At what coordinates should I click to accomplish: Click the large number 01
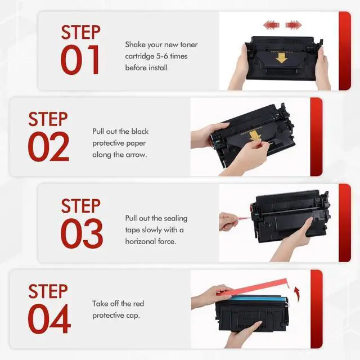click(x=80, y=60)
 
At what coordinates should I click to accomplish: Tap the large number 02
click(x=48, y=146)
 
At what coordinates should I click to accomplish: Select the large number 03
click(x=82, y=233)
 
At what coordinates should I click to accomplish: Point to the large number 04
click(x=49, y=319)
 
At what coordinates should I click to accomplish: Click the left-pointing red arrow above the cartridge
click(x=271, y=25)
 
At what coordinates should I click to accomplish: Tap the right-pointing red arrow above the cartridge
click(x=294, y=25)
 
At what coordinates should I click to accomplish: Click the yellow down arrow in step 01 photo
click(x=281, y=58)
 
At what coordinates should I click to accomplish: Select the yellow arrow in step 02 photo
click(x=254, y=136)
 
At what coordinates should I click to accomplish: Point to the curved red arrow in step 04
click(x=297, y=294)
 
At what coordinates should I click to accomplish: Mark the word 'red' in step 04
click(x=138, y=304)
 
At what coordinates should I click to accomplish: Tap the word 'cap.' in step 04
click(x=133, y=316)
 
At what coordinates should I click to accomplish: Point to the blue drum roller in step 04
click(x=258, y=299)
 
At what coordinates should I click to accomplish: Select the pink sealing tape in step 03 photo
click(x=243, y=217)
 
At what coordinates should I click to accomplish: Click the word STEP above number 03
click(x=81, y=206)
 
